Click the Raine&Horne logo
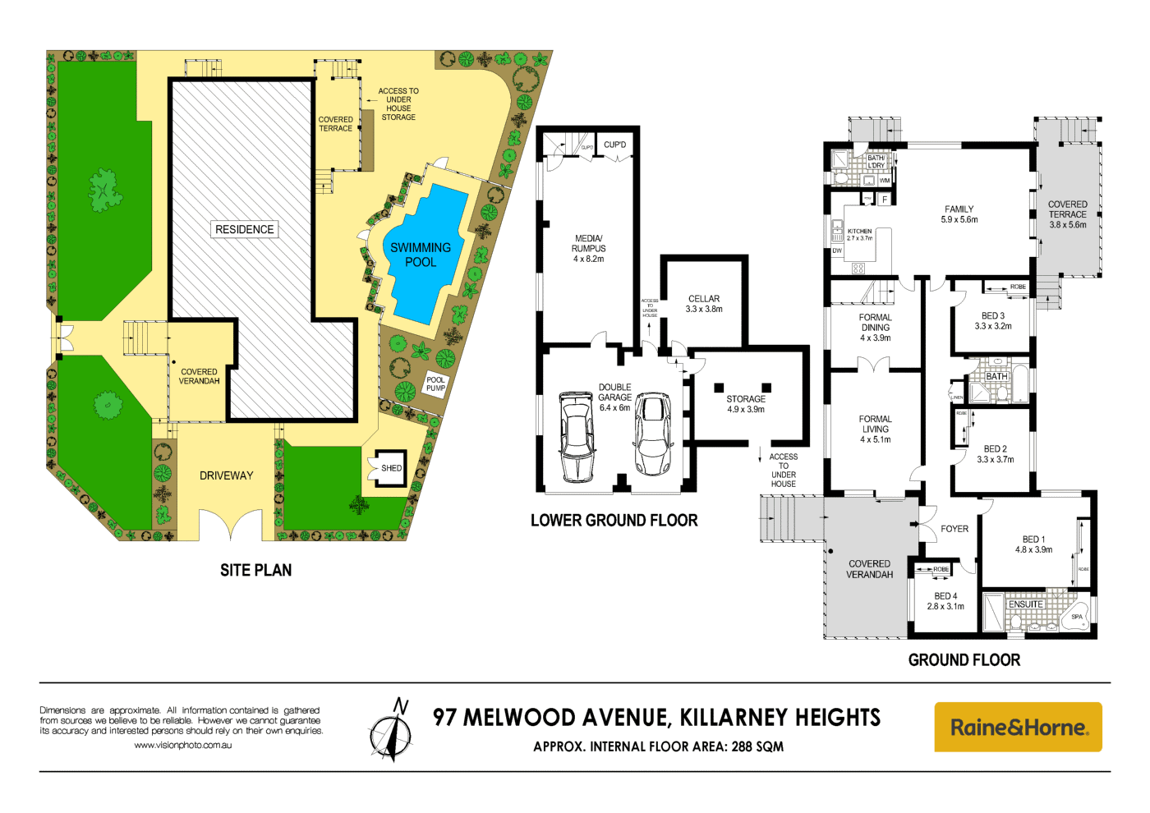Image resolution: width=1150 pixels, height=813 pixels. (1018, 727)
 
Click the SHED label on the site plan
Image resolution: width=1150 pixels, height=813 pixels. (391, 468)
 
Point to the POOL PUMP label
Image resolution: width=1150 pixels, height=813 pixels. (435, 384)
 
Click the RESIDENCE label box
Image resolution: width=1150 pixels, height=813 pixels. (245, 230)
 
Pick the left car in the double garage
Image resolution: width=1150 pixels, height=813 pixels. (577, 437)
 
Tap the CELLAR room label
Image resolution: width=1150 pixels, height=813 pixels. (704, 299)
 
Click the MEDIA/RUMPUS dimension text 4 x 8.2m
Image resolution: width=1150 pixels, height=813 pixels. (588, 260)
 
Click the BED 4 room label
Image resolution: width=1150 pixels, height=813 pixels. (945, 596)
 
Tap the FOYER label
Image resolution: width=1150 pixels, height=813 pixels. (954, 529)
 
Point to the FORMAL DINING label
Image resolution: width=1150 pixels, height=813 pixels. (875, 322)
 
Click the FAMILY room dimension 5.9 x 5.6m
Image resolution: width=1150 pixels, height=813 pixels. (959, 220)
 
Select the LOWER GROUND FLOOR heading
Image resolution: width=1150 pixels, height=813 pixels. (614, 521)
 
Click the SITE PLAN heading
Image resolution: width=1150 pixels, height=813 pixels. (255, 570)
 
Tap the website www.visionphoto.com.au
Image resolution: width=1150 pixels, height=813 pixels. (182, 746)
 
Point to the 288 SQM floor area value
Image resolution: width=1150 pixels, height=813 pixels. (757, 746)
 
